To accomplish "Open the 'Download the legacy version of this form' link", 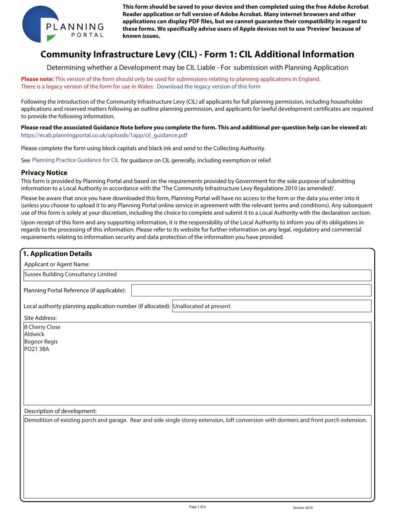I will click(208, 86).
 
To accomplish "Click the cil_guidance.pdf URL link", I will click(104, 135).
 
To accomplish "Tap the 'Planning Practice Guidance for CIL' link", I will click(75, 160).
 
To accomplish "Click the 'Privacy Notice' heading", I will click(44, 172).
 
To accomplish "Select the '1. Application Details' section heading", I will click(58, 254).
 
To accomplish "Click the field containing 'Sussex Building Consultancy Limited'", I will click(197, 275).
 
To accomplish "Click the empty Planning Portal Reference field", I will click(251, 290).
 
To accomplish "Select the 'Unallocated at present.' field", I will click(271, 306).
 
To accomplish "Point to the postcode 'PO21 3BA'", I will click(37, 349).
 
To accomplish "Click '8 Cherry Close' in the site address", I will click(42, 327).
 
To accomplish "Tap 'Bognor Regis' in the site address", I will click(41, 342).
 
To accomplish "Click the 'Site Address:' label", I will click(40, 318).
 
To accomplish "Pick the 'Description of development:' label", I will click(60, 411).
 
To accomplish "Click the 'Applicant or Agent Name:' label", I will click(57, 264).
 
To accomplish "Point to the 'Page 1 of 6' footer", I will click(197, 507).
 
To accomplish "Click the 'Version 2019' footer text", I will click(302, 508).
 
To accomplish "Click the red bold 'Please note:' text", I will click(37, 79).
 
